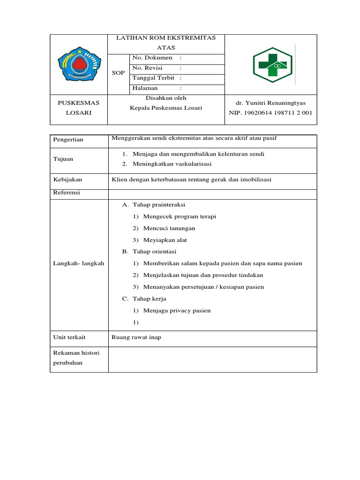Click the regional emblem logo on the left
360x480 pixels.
[x=79, y=65]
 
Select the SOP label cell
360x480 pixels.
[x=118, y=73]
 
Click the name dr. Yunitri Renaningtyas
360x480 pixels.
[x=270, y=103]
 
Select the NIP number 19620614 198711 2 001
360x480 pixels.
[x=270, y=113]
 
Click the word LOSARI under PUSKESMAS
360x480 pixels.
[x=79, y=113]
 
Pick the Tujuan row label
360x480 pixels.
[x=63, y=159]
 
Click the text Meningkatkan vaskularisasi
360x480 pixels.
[x=172, y=164]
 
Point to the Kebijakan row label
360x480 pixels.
[x=68, y=180]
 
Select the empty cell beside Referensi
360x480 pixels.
[x=212, y=193]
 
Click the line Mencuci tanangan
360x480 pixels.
[x=169, y=228]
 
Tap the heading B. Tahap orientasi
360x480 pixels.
[x=149, y=252]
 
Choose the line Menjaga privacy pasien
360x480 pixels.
[x=177, y=310]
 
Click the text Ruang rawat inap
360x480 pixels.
[x=136, y=337]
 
